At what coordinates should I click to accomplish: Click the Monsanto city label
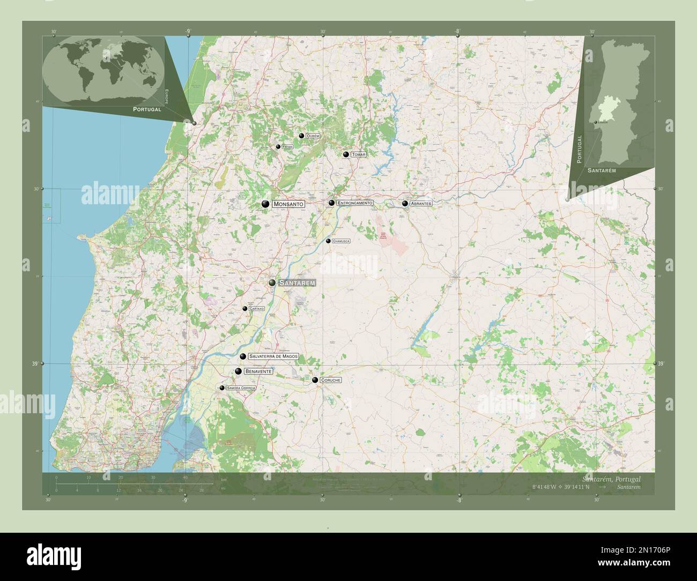(x=288, y=204)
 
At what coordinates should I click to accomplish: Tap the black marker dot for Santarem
(x=272, y=282)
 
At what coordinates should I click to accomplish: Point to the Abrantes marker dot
(x=405, y=204)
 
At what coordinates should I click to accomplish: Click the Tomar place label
(x=359, y=154)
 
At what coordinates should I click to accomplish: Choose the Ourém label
(x=313, y=137)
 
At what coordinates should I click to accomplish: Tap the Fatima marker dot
(x=278, y=147)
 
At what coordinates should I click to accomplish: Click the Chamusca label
(x=341, y=241)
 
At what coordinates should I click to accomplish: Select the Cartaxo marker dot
(x=244, y=309)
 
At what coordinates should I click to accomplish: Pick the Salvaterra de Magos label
(x=273, y=356)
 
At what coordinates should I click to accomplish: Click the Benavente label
(x=259, y=371)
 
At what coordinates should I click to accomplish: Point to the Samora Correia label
(x=241, y=388)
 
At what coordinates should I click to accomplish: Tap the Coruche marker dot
(x=315, y=380)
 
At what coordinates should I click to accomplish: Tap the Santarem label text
(x=297, y=282)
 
